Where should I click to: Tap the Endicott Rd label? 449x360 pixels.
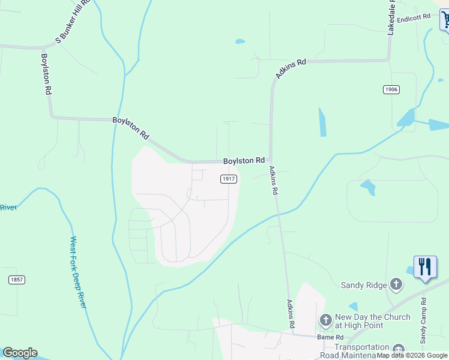414,17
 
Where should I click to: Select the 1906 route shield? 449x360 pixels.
390,89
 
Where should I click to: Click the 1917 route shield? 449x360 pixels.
228,179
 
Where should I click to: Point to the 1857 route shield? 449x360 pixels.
17,280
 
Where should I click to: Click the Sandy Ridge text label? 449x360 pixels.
364,286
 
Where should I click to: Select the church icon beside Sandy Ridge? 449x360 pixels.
396,284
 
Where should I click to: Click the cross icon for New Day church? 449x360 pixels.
325,320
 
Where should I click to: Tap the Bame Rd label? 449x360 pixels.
331,338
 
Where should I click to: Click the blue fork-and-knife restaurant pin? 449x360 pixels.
425,267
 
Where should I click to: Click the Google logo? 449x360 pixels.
20,353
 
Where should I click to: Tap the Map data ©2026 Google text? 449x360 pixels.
412,355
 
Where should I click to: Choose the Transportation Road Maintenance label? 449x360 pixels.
362,351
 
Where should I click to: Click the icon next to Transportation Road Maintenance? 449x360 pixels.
398,350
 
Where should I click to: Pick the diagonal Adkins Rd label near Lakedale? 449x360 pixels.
291,68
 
